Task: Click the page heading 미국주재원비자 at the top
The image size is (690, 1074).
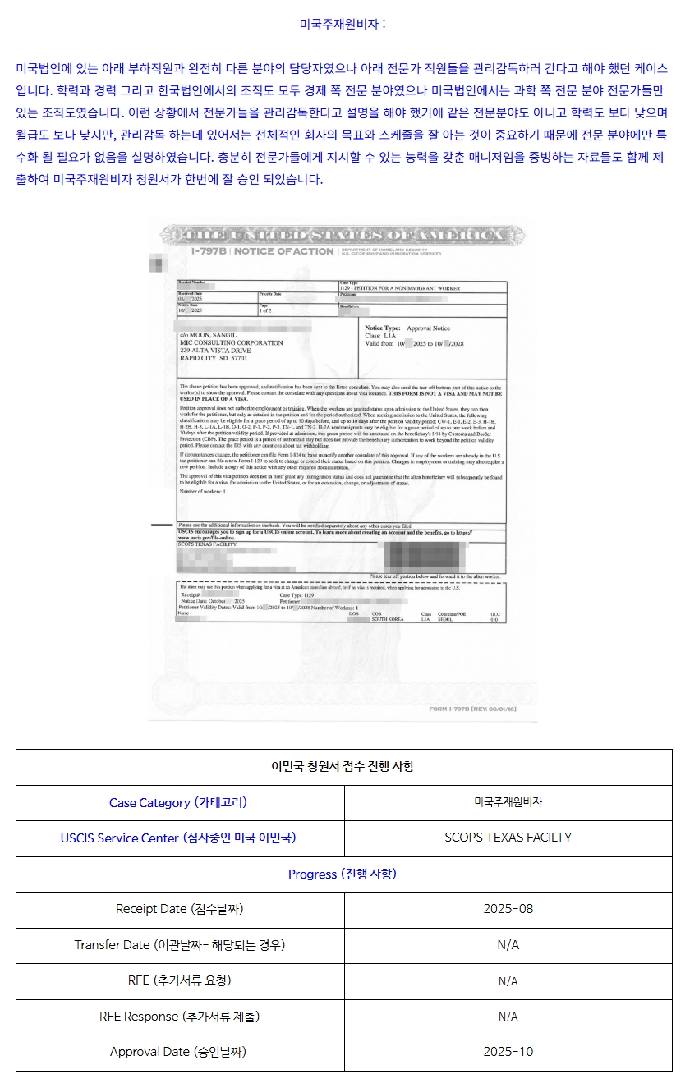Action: (343, 24)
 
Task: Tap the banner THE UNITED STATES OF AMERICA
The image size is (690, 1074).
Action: (343, 236)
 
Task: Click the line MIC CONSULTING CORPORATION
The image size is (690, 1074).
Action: (231, 343)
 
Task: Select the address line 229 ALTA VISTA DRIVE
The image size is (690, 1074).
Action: (215, 351)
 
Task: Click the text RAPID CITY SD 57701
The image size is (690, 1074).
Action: (213, 359)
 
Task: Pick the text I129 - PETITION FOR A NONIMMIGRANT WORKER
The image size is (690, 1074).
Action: (399, 289)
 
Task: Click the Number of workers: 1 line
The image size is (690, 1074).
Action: (202, 491)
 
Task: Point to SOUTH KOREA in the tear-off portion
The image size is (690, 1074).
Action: (387, 619)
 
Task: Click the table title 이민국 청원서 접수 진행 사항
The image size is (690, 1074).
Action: (343, 766)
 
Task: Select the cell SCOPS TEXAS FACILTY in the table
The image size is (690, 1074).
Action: (508, 838)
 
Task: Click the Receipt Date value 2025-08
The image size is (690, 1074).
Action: (508, 909)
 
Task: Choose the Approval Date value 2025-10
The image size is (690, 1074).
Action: (508, 1052)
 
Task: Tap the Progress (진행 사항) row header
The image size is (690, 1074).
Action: (343, 874)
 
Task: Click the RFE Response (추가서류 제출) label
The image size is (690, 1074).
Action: (179, 1016)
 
